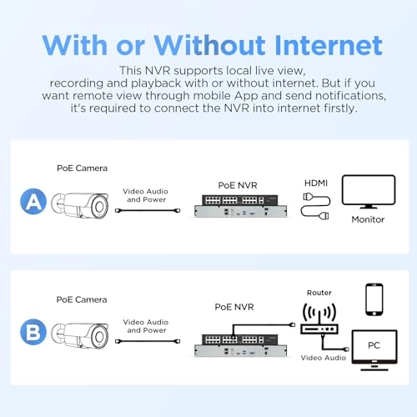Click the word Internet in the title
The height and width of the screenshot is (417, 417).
[x=329, y=45]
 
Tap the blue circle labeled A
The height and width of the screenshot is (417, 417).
[x=33, y=201]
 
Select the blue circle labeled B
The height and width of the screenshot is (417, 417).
[x=33, y=332]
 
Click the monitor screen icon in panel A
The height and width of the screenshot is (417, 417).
[x=369, y=191]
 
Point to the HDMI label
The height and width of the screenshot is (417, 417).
[x=316, y=183]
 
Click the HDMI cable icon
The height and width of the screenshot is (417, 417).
[x=316, y=206]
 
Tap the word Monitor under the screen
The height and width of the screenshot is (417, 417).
[x=368, y=219]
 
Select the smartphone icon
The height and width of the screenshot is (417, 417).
[x=374, y=299]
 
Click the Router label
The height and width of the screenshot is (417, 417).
[x=319, y=293]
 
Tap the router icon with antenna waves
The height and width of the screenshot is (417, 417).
[x=319, y=319]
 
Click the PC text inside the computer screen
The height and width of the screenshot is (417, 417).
[x=374, y=345]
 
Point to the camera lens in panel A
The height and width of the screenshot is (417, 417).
[x=99, y=207]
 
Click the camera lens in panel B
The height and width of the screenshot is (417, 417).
[x=99, y=337]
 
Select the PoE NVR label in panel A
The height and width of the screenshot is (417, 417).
[x=238, y=185]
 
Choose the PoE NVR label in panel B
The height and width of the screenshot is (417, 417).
[x=234, y=307]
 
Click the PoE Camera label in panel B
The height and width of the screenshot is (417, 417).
[x=82, y=299]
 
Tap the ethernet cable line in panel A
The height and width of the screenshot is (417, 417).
[x=148, y=211]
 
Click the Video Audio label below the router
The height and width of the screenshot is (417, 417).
[x=324, y=358]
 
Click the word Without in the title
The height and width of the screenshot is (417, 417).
[x=209, y=45]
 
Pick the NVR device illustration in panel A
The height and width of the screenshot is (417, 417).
[x=240, y=206]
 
